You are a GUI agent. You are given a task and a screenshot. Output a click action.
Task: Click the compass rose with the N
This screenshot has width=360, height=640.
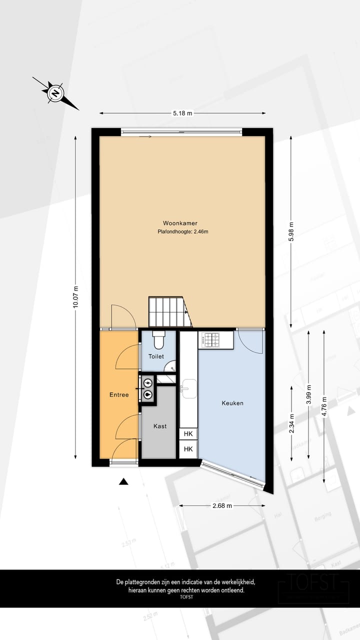coord(55,92)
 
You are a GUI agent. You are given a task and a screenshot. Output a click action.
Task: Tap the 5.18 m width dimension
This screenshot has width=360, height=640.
coord(182,113)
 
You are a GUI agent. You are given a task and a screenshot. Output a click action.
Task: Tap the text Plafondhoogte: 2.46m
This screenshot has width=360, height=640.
coord(182,231)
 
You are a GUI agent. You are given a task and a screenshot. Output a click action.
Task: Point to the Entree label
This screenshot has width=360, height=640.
coord(119,394)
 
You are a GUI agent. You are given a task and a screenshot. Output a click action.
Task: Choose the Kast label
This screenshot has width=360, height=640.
coord(160,426)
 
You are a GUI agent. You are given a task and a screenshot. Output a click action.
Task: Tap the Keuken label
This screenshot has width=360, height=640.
coord(232,402)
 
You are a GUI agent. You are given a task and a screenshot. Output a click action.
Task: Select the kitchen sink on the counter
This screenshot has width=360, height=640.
coord(189,389)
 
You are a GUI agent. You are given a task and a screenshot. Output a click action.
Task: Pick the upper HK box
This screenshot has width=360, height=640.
coord(188,433)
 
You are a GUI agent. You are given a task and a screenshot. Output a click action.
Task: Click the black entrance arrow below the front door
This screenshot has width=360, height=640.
coord(123,481)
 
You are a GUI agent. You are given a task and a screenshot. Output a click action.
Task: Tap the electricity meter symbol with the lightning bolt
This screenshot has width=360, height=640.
coord(148,383)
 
